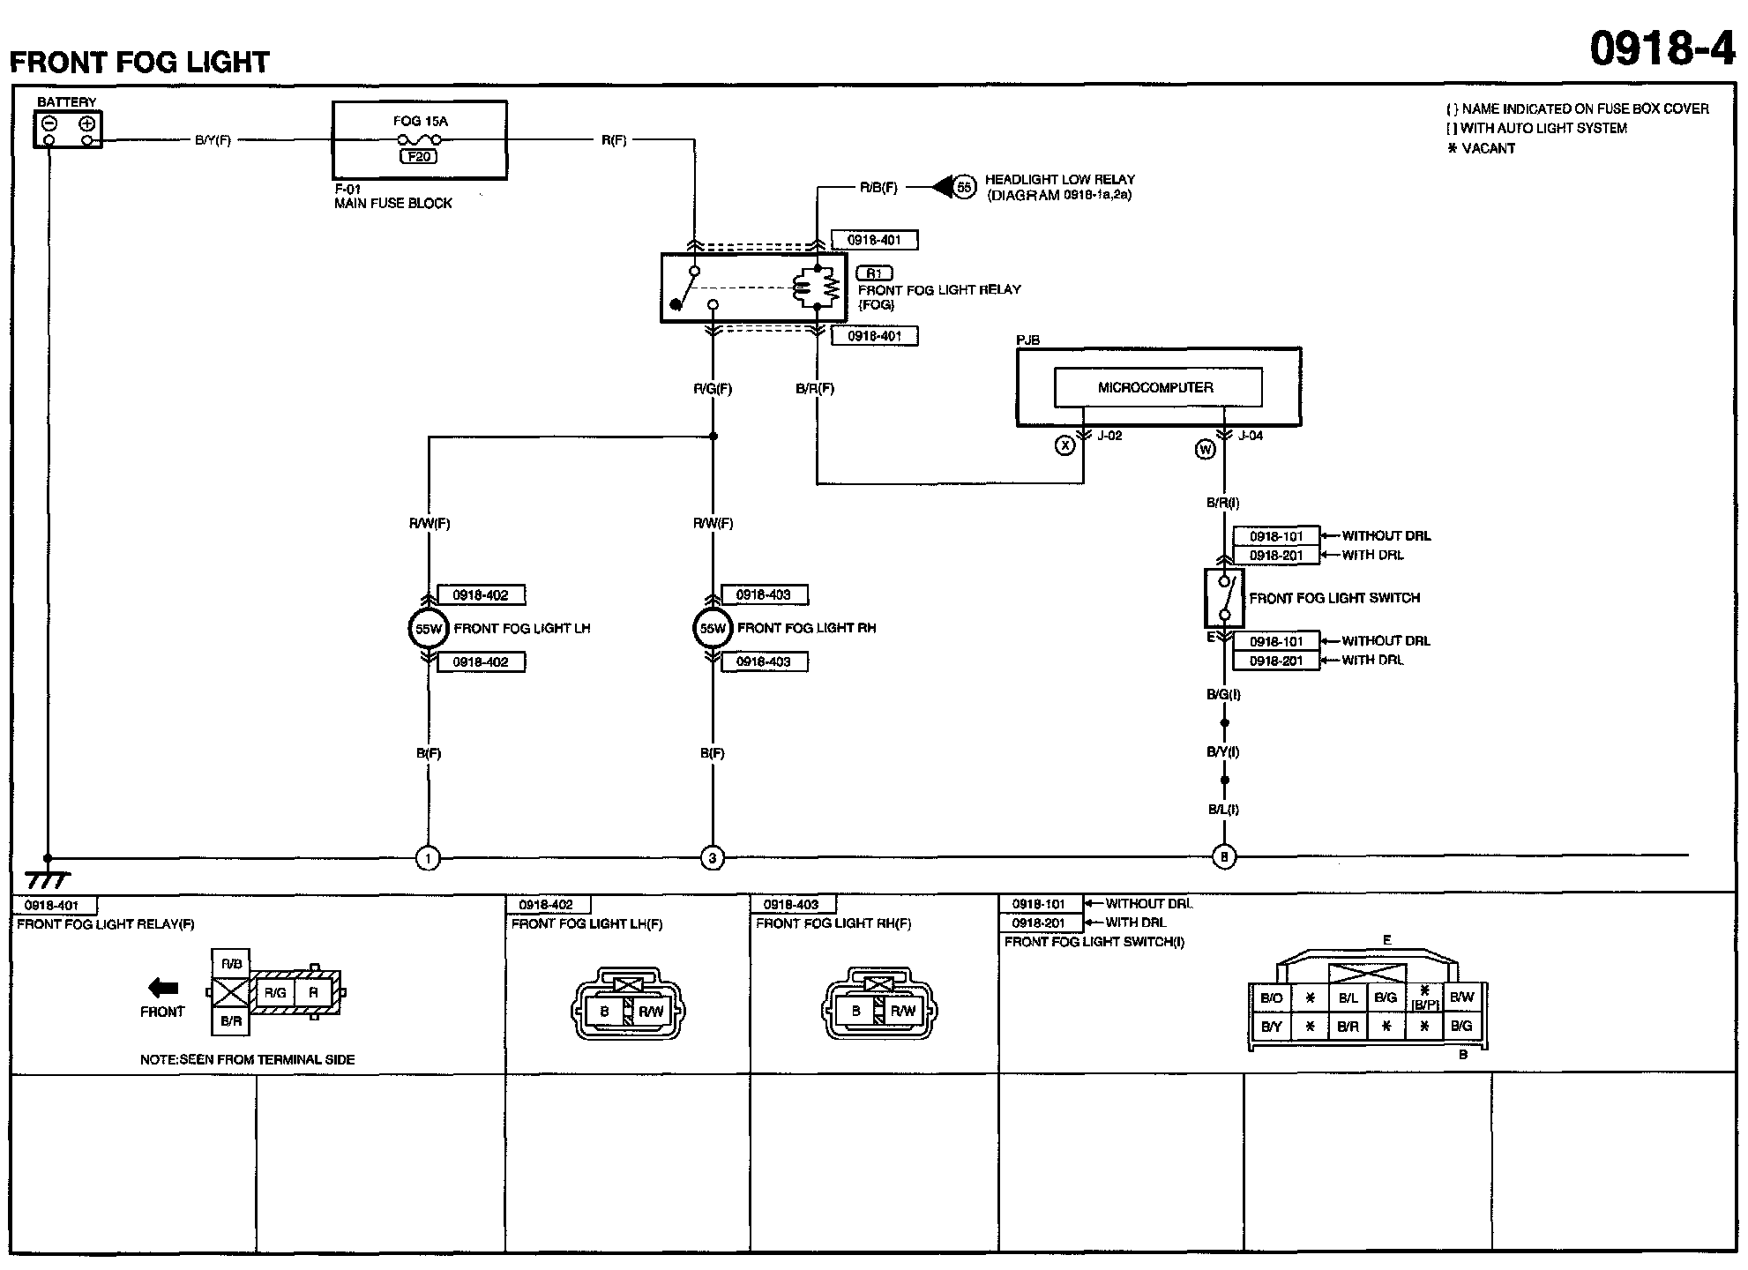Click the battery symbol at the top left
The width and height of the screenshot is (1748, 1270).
(x=68, y=130)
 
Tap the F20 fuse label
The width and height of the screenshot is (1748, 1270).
(x=419, y=157)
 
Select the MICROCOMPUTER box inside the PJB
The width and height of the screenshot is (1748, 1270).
(x=1157, y=387)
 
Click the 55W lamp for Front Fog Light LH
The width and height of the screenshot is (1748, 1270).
(x=429, y=629)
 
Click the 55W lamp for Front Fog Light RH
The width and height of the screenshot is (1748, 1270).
(x=713, y=629)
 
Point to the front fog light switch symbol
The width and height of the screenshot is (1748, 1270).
(x=1224, y=598)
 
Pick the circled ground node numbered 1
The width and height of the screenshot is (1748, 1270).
(x=428, y=857)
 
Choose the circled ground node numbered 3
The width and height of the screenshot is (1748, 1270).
(x=713, y=857)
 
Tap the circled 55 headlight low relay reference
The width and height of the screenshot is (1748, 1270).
(x=965, y=187)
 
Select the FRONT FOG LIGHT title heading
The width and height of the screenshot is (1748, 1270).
(x=139, y=63)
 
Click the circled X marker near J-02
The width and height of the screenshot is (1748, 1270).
(x=1065, y=446)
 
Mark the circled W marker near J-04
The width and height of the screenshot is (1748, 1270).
(x=1205, y=450)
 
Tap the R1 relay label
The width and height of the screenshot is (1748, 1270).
(x=874, y=273)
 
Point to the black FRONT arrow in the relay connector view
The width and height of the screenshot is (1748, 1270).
(x=163, y=988)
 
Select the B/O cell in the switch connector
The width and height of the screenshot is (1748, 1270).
(x=1271, y=997)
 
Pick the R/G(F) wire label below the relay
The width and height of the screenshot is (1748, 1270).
(x=713, y=389)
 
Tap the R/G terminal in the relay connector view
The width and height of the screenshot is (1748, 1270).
(x=275, y=993)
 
